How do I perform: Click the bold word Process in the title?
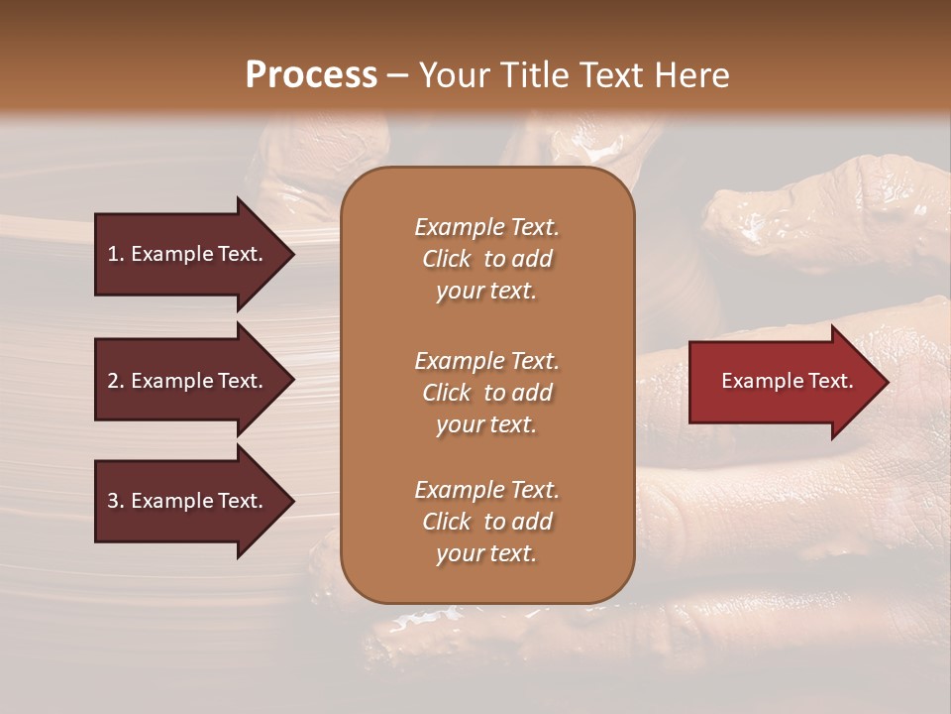tap(311, 75)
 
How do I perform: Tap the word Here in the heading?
tap(692, 75)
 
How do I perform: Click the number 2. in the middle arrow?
tap(116, 381)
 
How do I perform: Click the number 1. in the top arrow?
tap(116, 254)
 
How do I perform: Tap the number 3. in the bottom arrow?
tap(116, 501)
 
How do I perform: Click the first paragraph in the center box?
tap(486, 259)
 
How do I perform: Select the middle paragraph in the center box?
tap(486, 393)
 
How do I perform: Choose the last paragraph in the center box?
tap(486, 522)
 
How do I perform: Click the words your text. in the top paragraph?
tap(486, 292)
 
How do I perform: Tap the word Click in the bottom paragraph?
tap(446, 522)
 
